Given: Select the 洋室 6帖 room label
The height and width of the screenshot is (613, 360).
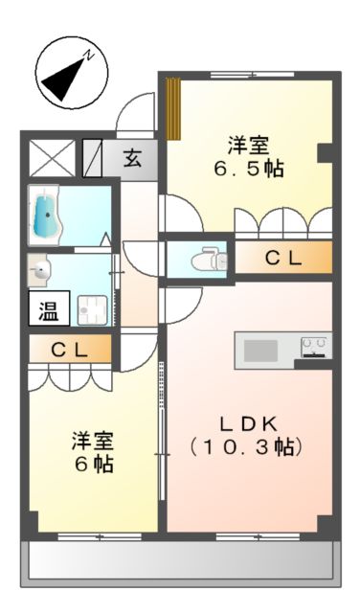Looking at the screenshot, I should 93,453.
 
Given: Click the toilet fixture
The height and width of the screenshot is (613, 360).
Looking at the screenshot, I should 208,259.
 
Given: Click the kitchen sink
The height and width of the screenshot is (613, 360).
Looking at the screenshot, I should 260,351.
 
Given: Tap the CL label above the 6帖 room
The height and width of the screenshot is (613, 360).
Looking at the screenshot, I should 70,351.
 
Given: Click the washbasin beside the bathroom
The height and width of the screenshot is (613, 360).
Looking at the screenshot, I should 40,270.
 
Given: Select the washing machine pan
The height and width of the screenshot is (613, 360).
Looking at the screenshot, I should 94,309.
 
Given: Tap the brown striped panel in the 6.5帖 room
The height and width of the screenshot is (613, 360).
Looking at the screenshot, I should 172,107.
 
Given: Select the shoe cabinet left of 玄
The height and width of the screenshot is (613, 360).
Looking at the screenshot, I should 94,157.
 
